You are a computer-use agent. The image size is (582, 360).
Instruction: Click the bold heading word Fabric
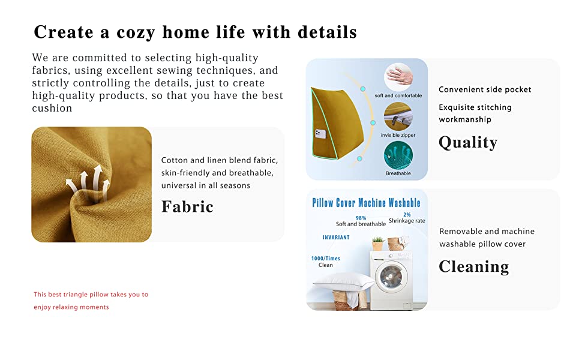(x=187, y=206)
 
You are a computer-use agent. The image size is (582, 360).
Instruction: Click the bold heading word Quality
(x=468, y=142)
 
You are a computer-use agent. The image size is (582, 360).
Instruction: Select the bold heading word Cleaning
(x=474, y=266)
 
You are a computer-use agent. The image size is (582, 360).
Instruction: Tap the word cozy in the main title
(x=136, y=32)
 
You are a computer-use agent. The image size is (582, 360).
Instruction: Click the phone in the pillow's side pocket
(x=320, y=134)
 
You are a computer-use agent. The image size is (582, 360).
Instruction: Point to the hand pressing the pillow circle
(x=398, y=76)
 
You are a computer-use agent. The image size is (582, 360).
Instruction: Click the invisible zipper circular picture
(x=398, y=116)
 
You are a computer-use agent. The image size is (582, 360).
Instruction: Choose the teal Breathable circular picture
(x=398, y=155)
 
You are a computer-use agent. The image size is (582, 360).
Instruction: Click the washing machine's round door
(x=391, y=277)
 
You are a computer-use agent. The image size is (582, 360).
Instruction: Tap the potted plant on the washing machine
(x=377, y=244)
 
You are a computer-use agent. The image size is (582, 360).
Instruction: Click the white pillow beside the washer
(x=343, y=281)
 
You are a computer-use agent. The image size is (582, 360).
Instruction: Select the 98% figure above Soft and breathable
(x=361, y=218)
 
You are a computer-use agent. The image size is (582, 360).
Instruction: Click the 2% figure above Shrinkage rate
(x=407, y=215)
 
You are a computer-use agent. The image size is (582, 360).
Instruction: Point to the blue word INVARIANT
(x=336, y=237)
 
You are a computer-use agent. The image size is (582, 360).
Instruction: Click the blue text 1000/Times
(x=326, y=259)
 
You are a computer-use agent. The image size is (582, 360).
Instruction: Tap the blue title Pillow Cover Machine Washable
(x=366, y=203)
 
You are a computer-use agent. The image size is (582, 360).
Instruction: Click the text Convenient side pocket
(x=485, y=89)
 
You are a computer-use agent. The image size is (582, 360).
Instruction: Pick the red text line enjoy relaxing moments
(x=71, y=307)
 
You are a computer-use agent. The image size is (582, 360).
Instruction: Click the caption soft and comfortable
(x=398, y=95)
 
